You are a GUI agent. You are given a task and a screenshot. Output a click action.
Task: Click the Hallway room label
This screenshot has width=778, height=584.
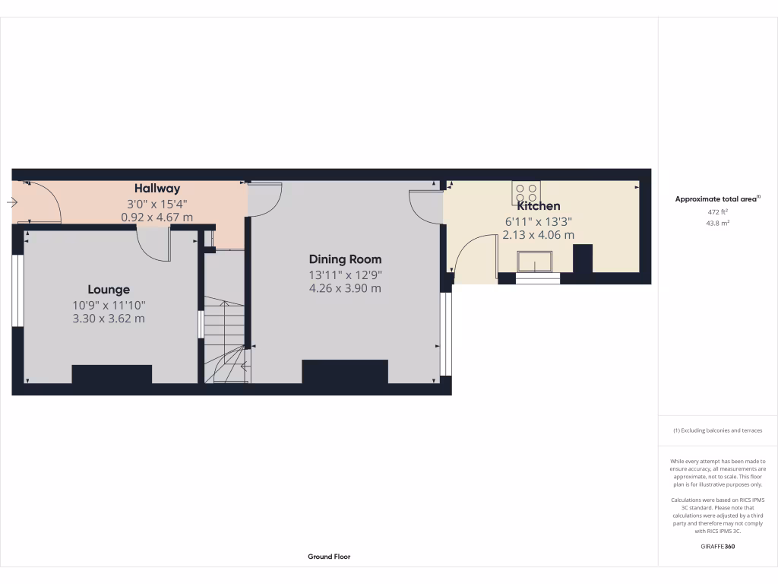pyautogui.click(x=157, y=188)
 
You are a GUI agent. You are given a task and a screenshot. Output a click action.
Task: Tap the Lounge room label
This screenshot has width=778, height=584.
pyautogui.click(x=109, y=290)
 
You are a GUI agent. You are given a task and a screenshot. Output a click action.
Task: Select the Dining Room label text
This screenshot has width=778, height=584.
pyautogui.click(x=345, y=259)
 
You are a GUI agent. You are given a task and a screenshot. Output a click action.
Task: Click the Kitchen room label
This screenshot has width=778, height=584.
pyautogui.click(x=539, y=206)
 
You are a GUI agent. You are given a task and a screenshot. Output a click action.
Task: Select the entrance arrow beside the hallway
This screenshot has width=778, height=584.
pyautogui.click(x=12, y=202)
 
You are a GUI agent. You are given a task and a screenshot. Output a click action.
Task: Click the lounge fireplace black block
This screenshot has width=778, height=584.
pyautogui.click(x=112, y=374)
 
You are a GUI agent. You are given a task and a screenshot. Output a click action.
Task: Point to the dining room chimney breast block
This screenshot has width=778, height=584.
pyautogui.click(x=345, y=372)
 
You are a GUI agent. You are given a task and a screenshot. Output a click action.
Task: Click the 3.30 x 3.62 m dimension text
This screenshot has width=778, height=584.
pyautogui.click(x=109, y=319)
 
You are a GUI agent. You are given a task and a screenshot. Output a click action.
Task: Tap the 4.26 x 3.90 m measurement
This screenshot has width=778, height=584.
pyautogui.click(x=345, y=288)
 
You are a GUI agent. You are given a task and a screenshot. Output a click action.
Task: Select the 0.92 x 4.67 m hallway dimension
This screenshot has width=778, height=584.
pyautogui.click(x=157, y=217)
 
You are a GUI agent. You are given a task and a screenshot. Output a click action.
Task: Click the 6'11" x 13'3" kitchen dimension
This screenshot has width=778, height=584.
pyautogui.click(x=539, y=221)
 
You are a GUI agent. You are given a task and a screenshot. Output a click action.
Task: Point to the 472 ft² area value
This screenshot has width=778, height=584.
pyautogui.click(x=717, y=212)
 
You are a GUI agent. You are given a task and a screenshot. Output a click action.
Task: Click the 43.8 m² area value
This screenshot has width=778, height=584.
pyautogui.click(x=717, y=223)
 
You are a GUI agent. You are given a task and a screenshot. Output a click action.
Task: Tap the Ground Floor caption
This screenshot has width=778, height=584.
pyautogui.click(x=329, y=557)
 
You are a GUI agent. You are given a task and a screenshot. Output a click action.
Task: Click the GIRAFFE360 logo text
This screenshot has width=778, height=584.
pyautogui.click(x=717, y=546)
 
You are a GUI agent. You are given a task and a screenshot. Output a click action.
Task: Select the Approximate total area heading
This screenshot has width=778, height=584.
pyautogui.click(x=717, y=199)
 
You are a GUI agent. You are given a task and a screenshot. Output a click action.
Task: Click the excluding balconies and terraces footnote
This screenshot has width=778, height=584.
pyautogui.click(x=717, y=430)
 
